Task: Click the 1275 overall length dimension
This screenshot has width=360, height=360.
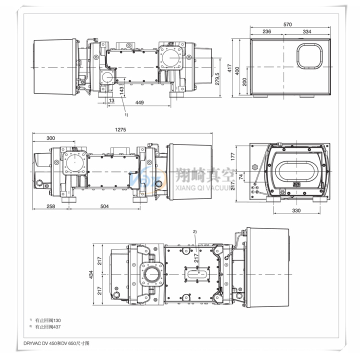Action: pos(120,129)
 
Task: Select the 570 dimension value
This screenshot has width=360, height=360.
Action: pos(287,24)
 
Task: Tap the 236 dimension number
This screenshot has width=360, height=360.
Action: pos(267,31)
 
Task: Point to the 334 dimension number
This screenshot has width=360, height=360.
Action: pos(307,31)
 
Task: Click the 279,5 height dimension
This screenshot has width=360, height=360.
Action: pos(217,79)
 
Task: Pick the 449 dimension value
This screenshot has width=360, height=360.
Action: pos(139,102)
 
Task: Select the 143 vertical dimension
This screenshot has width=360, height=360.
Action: pos(121,89)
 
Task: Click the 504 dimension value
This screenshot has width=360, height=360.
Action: pos(104,206)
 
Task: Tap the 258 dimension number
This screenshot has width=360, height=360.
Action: pos(50,206)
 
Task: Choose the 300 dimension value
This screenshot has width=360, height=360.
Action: pos(50,138)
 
